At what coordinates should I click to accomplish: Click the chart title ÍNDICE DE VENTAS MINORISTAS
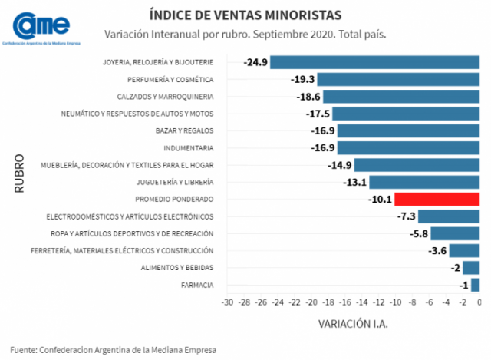(x=245, y=15)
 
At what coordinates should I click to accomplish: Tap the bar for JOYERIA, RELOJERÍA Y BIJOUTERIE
(x=374, y=63)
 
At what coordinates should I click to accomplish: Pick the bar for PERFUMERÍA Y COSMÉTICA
(x=398, y=80)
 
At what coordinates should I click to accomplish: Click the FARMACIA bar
(x=475, y=285)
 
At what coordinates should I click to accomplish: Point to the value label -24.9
(x=255, y=63)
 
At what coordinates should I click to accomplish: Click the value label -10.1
(x=381, y=200)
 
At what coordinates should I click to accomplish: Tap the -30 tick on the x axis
(x=227, y=304)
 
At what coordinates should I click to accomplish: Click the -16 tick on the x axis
(x=344, y=304)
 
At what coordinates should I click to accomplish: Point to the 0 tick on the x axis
(x=479, y=304)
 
